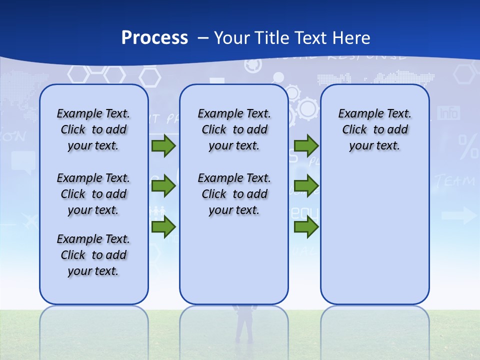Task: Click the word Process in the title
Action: (154, 38)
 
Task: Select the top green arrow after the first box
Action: (163, 146)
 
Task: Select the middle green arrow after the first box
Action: (163, 186)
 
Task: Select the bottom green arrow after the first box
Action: (163, 227)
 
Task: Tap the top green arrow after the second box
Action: (306, 146)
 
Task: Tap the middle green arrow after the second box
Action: (306, 186)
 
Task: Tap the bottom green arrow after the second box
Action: (306, 227)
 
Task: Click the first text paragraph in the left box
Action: (93, 129)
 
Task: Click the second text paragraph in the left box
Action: (93, 194)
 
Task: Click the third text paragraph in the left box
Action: (93, 255)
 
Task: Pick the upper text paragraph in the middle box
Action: (234, 129)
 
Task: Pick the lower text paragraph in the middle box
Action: (234, 194)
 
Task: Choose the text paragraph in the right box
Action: (374, 129)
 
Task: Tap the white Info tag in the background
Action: (448, 113)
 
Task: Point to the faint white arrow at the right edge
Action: (459, 215)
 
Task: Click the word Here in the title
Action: (352, 38)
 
